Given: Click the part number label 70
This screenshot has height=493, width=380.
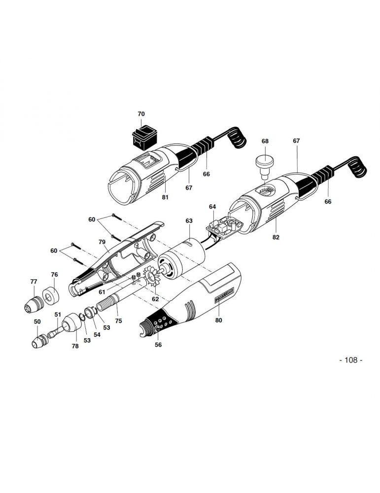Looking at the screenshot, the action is coord(141,114).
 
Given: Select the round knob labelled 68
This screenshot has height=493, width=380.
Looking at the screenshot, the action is coord(265,164).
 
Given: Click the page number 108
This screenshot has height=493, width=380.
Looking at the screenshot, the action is coord(351,360).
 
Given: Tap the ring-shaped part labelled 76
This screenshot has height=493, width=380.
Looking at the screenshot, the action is coord(51,296).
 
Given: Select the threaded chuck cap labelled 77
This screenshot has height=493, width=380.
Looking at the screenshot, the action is coord(35,304).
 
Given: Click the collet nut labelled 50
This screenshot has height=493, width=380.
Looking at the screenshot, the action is coord(40,341).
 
